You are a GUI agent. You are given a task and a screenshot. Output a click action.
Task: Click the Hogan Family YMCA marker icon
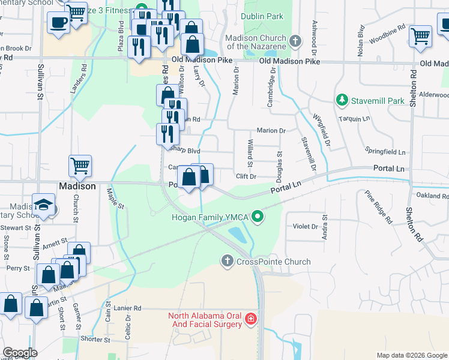pyautogui.click(x=258, y=217)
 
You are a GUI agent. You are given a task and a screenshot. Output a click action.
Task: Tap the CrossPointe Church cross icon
pyautogui.click(x=227, y=261)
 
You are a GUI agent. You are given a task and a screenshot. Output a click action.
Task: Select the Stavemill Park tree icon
pyautogui.click(x=342, y=101)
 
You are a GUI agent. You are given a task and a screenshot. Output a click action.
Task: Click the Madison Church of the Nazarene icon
pyautogui.click(x=294, y=41)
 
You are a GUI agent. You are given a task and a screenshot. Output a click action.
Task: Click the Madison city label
pyautogui.click(x=77, y=186)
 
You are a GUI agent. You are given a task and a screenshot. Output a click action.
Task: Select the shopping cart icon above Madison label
pyautogui.click(x=80, y=165)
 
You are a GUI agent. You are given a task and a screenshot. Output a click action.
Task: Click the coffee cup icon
pyautogui.click(x=58, y=22)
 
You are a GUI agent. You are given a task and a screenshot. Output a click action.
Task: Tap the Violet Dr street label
pyautogui.click(x=305, y=226)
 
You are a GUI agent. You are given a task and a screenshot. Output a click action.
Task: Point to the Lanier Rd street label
pyautogui.click(x=127, y=308)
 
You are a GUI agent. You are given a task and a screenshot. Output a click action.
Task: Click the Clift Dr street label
pyautogui.click(x=246, y=176)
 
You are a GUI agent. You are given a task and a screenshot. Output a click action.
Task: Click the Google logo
pyautogui.click(x=20, y=353)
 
